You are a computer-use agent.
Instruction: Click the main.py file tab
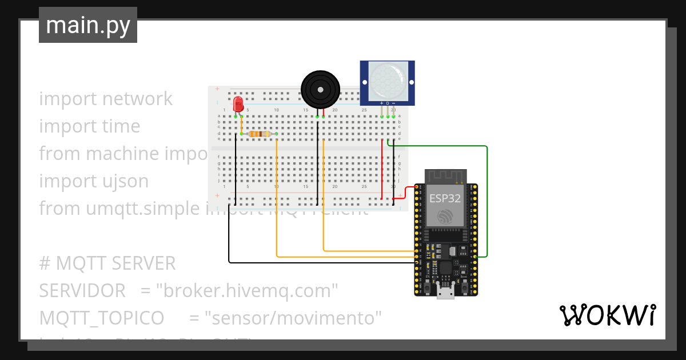(x=87, y=25)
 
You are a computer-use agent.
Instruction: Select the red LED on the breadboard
(x=238, y=105)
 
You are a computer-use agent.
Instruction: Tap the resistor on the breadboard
(x=260, y=134)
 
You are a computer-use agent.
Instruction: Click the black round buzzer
(x=320, y=89)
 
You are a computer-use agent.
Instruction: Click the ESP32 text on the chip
(x=445, y=198)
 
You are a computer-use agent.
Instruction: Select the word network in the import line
(x=138, y=99)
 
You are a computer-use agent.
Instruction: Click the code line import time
(x=90, y=126)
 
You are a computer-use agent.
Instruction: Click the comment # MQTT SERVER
(x=107, y=263)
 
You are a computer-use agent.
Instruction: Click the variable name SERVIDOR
(x=82, y=291)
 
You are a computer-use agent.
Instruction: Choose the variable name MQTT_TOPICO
(x=101, y=318)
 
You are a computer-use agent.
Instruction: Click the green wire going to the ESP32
(x=486, y=200)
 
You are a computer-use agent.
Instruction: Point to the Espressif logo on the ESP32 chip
(x=445, y=217)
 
